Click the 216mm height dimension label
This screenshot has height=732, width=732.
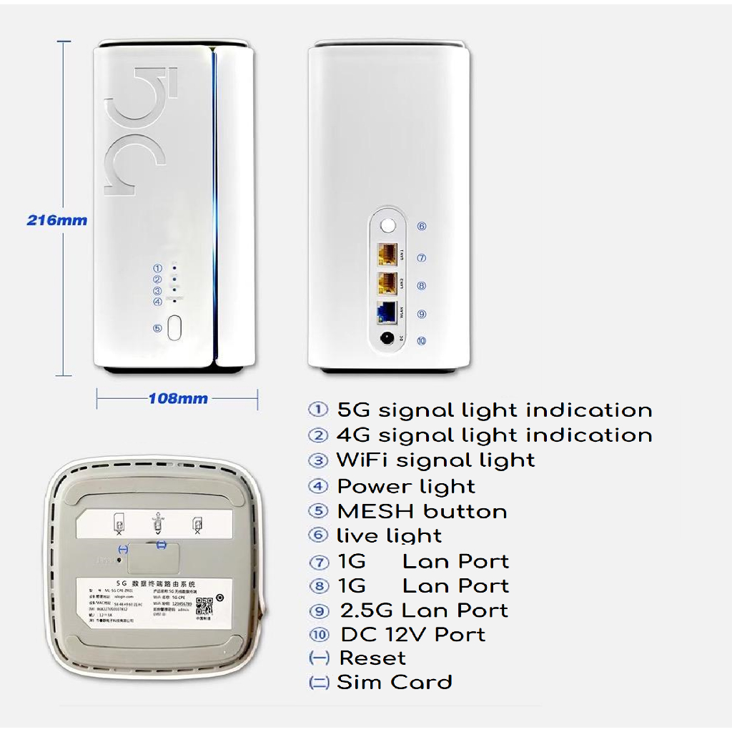57,220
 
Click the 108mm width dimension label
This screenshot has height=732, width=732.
178,399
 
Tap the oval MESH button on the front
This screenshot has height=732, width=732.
175,328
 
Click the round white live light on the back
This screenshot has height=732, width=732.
388,226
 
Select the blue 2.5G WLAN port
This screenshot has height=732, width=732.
388,312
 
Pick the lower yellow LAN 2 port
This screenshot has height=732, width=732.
388,283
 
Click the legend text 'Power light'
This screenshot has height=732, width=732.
406,487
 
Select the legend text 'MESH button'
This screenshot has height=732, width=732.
422,512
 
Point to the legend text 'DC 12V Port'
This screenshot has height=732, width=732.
412,634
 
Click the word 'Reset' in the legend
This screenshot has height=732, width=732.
372,658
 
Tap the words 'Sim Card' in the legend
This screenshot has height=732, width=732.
395,683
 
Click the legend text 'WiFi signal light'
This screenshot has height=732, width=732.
435,460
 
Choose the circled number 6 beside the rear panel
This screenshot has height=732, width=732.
422,226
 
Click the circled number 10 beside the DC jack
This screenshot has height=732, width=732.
422,341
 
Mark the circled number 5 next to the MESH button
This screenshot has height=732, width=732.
157,328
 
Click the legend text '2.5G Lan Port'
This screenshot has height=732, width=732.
424,610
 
